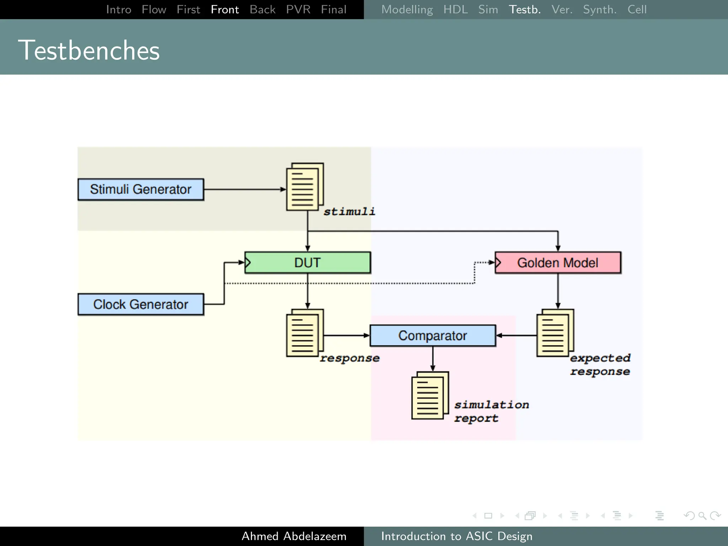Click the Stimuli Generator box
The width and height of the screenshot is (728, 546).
point(141,189)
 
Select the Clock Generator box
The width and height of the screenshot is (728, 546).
point(141,304)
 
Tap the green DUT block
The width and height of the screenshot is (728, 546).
point(307,263)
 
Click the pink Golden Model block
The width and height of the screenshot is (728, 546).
point(558,263)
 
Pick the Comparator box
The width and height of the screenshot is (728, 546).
point(433,336)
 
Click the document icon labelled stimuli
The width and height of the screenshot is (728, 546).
point(305,187)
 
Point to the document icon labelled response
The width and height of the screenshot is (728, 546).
point(305,333)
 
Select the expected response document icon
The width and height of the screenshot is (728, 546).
point(555,333)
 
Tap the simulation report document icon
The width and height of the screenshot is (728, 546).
point(430,396)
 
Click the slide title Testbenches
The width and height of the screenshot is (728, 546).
point(89,50)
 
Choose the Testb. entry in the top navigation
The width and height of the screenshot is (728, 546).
point(525,10)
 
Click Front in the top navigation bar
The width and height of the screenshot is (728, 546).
point(225,10)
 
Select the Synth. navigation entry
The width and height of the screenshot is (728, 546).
point(600,10)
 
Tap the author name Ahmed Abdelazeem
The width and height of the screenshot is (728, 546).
point(294,536)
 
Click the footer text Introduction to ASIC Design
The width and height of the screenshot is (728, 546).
point(457,536)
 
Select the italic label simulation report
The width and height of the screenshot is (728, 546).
point(491,411)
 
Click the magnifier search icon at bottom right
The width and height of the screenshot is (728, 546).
point(702,516)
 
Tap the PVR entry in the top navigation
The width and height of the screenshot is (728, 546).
point(298,10)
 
